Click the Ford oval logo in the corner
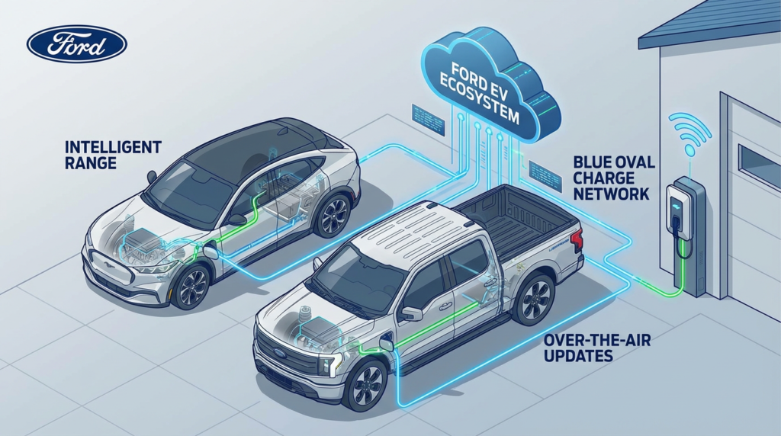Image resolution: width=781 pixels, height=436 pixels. pos(77,44)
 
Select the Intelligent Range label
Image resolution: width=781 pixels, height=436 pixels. pos(113,155)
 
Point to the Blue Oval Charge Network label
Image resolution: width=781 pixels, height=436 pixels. pos(613,178)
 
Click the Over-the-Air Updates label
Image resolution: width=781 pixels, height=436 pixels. pos(597,348)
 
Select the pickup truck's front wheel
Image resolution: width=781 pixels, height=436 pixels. pos(367,385)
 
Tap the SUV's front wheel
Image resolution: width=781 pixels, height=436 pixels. pos(191,287)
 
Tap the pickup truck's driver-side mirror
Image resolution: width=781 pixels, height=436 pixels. pos(411,313)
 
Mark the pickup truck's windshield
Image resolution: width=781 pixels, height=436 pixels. pos(355,276)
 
